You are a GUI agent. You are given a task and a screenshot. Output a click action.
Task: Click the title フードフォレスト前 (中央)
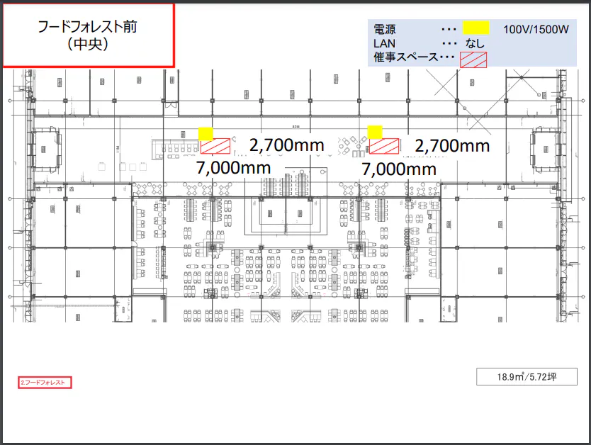[x=88, y=35]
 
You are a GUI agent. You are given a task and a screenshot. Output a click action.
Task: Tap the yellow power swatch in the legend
[x=476, y=28]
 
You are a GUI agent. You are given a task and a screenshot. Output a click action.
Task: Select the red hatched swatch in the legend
[x=473, y=60]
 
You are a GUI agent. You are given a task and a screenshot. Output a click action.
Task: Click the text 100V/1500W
[x=536, y=30]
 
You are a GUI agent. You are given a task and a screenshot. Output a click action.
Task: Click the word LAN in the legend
[x=383, y=43]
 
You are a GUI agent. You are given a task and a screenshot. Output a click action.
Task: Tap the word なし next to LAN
[x=475, y=43]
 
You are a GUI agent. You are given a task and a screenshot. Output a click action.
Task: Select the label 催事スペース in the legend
[x=405, y=57]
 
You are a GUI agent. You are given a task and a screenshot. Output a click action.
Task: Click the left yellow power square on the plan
[x=206, y=133]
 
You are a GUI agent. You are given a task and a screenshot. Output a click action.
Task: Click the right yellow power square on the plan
[x=375, y=131]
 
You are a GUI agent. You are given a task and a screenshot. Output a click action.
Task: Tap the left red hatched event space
[x=216, y=146]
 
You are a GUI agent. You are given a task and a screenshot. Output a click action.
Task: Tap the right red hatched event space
[x=384, y=146]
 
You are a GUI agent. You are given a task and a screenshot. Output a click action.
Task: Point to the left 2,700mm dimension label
[x=286, y=145]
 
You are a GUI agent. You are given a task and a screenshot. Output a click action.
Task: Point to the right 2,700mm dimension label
[x=452, y=145]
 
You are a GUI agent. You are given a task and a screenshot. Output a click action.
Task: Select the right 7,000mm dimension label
[x=398, y=169]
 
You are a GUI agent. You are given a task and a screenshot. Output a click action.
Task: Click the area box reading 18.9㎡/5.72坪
[x=526, y=377]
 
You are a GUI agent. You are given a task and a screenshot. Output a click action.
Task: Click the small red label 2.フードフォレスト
[x=45, y=383]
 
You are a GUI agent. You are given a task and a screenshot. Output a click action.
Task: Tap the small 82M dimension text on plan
[x=295, y=128]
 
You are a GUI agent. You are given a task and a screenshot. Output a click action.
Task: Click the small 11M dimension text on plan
[x=118, y=147]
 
